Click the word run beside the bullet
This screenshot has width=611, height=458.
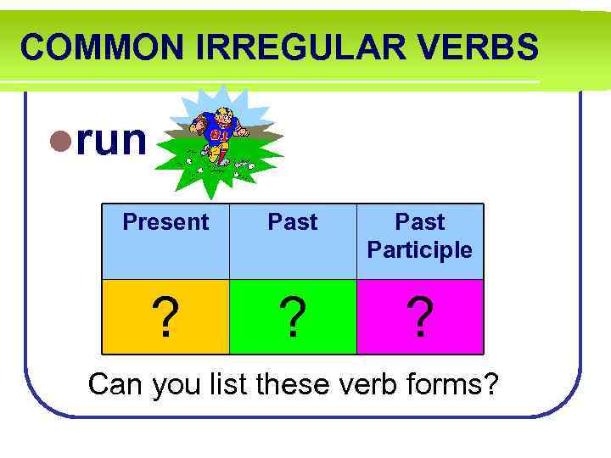coord(110,140)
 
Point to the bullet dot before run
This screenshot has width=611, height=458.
coord(60,142)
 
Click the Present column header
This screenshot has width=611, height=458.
coord(165,222)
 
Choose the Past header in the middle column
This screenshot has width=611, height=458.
coord(293,222)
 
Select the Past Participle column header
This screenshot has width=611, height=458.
coord(420,236)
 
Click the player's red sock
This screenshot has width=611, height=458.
coord(222,154)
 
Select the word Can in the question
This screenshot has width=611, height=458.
coord(116,384)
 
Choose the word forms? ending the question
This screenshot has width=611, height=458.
coord(454,384)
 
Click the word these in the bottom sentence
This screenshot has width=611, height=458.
coord(294,384)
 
